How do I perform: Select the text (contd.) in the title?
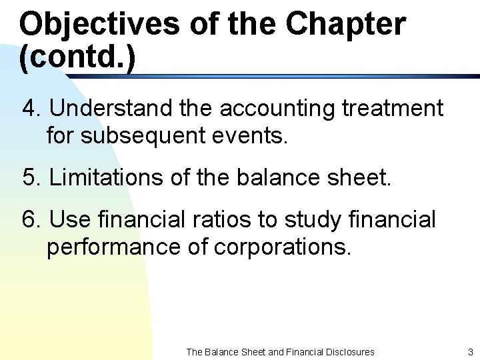point(77,58)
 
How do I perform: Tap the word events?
point(255,136)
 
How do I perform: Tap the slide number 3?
point(470,351)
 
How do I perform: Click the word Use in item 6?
point(69,219)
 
